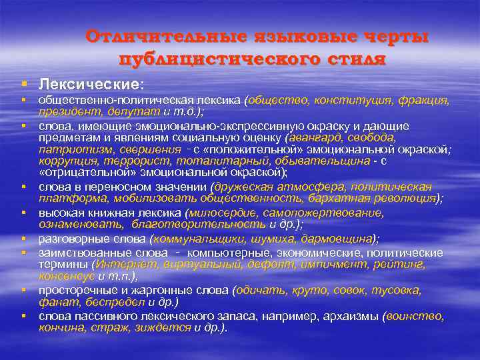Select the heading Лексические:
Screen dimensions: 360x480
click(91, 85)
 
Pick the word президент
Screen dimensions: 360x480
click(67, 112)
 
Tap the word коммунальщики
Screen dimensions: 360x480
click(193, 239)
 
